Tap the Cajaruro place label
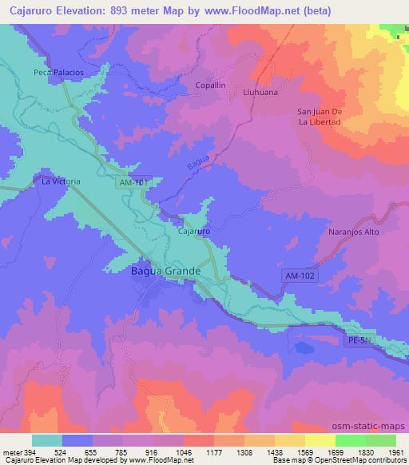193,232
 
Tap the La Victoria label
62,181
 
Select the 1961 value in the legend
395,451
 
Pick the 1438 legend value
275,451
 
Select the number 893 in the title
133,11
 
